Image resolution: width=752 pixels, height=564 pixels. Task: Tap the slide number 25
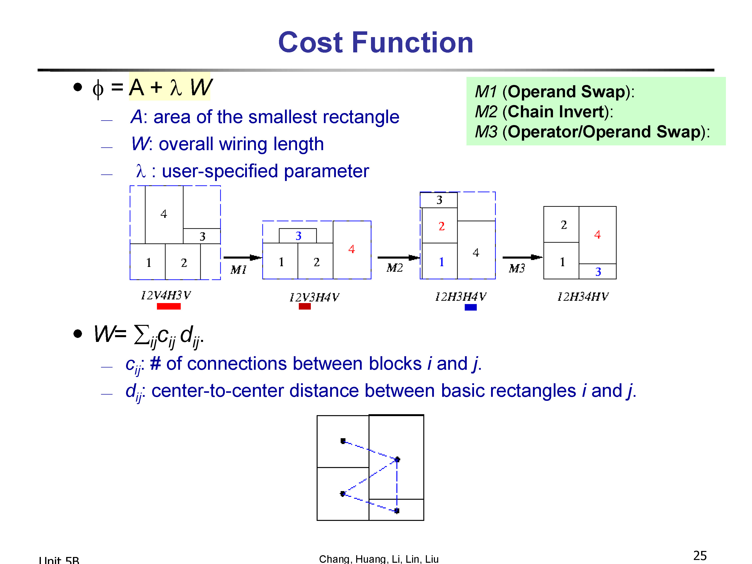coord(700,556)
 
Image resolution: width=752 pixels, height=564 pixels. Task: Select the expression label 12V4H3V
coord(166,295)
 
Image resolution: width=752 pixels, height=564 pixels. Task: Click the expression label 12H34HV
coord(583,297)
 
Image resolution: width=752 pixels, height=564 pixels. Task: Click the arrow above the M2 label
coord(399,258)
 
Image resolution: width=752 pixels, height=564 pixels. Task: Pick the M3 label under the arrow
coord(517,268)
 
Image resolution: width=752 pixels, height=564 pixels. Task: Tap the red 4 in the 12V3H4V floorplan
coord(351,249)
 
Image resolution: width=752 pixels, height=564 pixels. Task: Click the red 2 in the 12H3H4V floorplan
coord(442,226)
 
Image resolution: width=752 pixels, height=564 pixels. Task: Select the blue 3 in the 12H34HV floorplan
coord(598,272)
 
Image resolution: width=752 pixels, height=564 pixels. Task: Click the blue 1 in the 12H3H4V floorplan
coord(441,262)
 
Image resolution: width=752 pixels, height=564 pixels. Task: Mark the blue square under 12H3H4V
coord(471,307)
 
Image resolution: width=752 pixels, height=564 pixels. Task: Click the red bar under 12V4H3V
coord(169,306)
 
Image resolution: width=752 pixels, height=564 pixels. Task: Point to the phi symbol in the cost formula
coord(98,89)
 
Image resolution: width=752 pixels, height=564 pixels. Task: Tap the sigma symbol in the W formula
coord(142,335)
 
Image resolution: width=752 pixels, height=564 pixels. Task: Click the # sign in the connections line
coord(155,363)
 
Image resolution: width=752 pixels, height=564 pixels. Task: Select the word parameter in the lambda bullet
coord(326,172)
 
